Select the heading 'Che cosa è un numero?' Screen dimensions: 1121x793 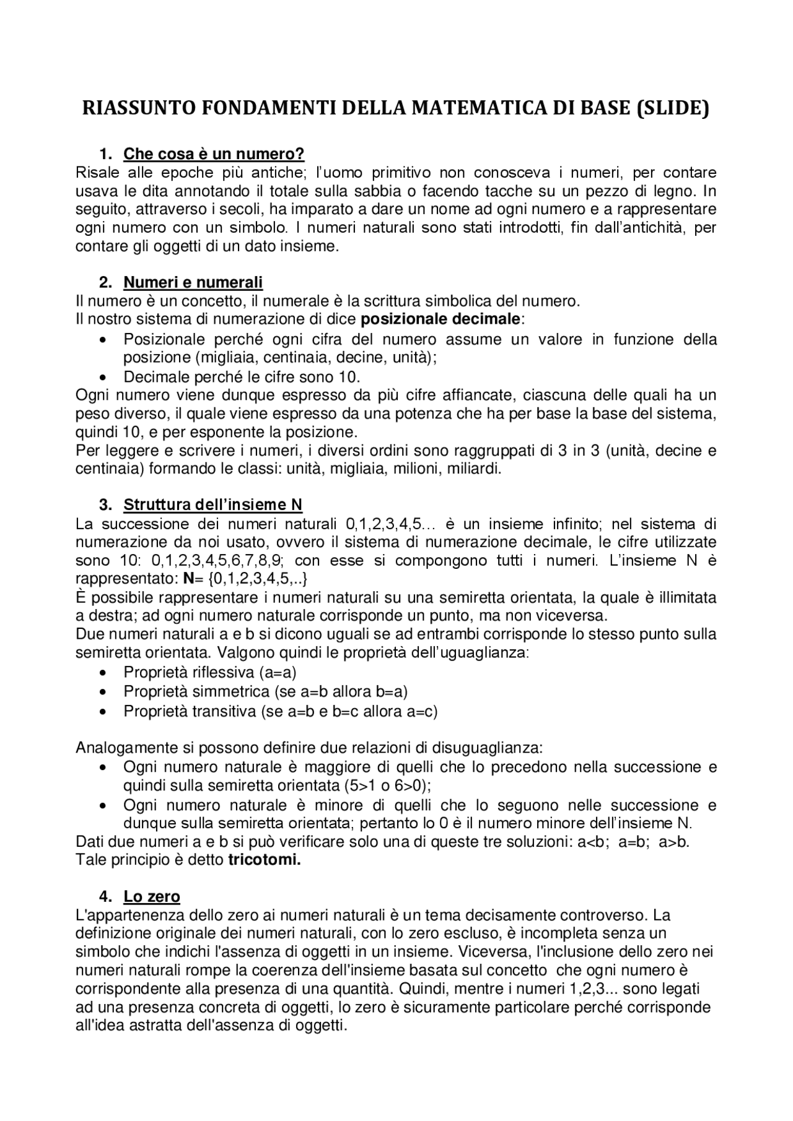coord(214,154)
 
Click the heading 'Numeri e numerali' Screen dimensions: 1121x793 coord(193,283)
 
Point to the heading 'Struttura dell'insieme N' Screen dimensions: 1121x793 coord(212,504)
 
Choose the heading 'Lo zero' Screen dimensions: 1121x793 coord(152,896)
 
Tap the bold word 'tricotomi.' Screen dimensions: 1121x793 coord(265,860)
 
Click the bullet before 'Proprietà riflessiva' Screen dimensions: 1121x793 coord(103,673)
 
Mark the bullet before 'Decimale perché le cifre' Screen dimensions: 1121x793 coord(103,378)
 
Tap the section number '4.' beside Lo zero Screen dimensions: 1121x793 coord(105,896)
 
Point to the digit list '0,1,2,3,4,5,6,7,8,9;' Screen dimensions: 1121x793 coord(217,561)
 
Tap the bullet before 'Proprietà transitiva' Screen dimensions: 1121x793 coord(103,712)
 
